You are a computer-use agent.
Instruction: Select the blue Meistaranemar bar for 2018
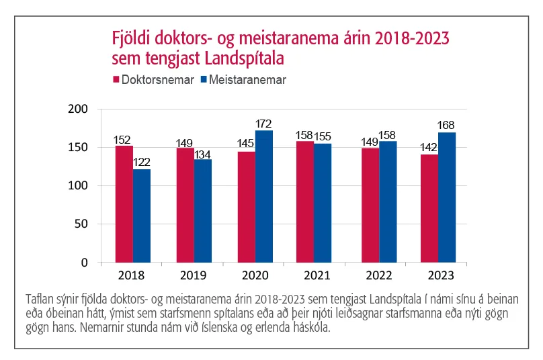(141, 216)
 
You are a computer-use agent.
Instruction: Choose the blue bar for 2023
(446, 197)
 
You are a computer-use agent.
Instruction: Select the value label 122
(142, 162)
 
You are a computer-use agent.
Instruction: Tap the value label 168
(447, 126)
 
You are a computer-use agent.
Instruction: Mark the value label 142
(428, 147)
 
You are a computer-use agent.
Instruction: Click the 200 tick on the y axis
(80, 109)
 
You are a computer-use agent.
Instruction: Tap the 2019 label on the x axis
(194, 275)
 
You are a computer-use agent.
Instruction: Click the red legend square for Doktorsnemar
(116, 80)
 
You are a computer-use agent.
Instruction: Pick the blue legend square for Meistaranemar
(204, 80)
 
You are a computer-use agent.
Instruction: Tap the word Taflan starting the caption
(39, 298)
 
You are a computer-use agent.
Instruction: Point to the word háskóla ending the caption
(312, 330)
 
